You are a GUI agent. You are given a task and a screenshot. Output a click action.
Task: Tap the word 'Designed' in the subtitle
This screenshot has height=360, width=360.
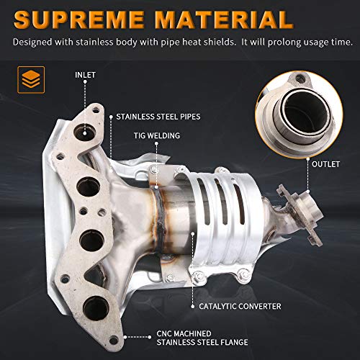(x=34, y=42)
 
